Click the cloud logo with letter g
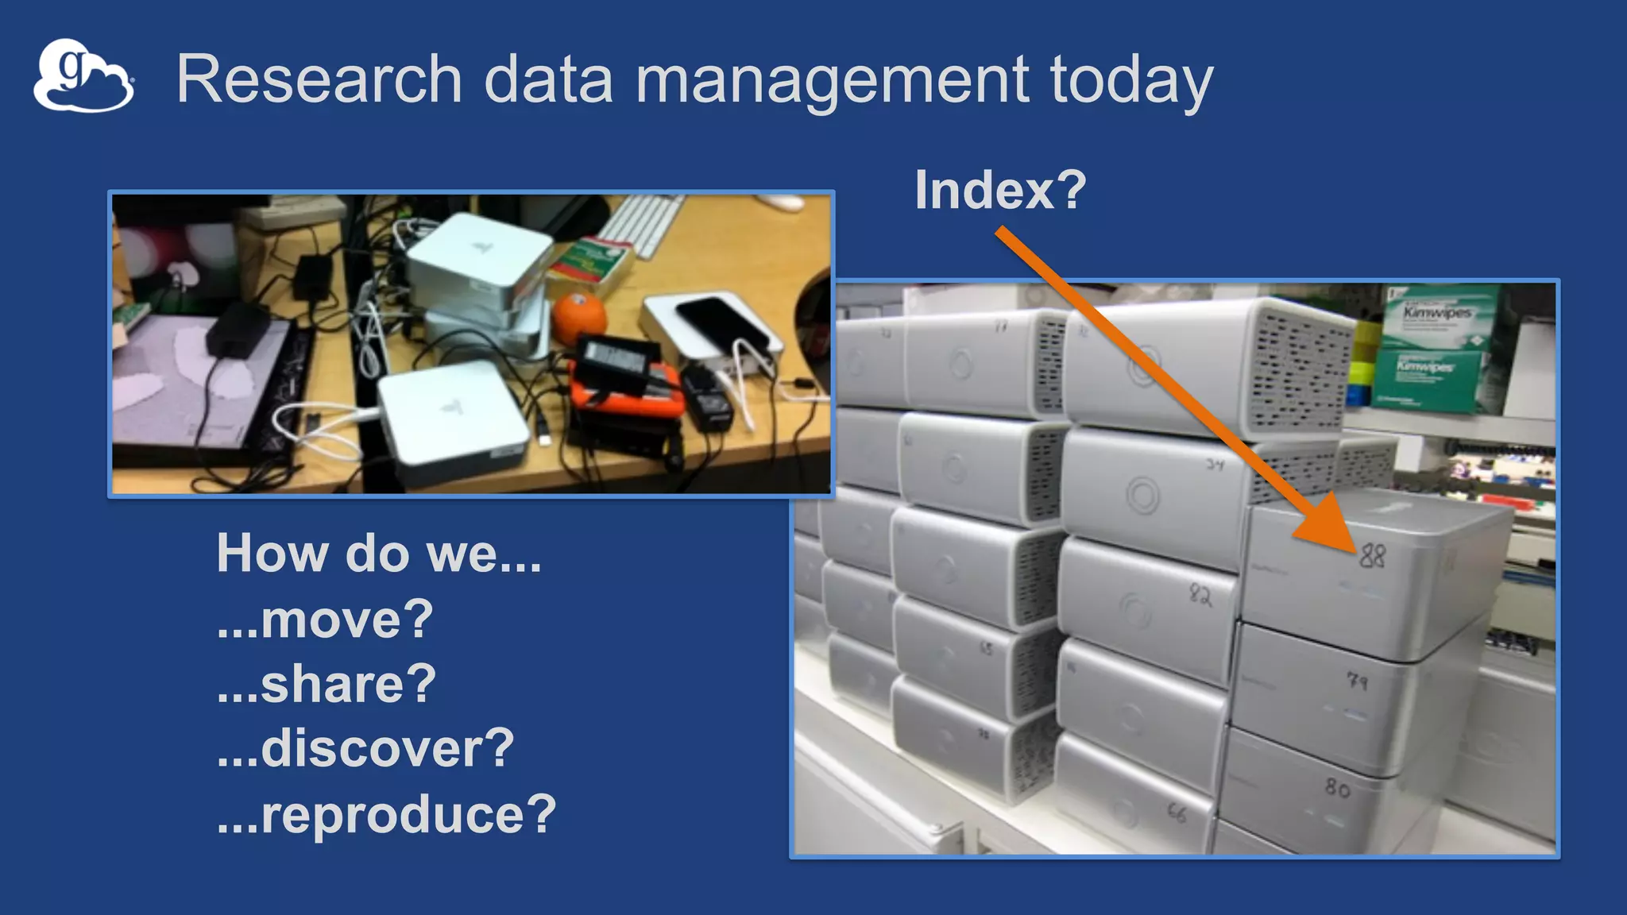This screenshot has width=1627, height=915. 83,76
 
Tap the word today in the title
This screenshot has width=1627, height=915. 1131,80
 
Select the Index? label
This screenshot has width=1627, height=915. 1000,191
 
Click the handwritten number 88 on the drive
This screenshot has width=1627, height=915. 1372,555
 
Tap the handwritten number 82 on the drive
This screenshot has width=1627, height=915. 1200,595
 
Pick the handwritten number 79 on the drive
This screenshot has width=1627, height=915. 1357,681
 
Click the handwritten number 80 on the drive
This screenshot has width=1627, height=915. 1337,788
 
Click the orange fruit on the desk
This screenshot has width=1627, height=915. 579,318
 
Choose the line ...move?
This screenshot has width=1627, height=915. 325,620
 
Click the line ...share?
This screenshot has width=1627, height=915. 327,684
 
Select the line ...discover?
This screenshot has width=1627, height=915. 365,749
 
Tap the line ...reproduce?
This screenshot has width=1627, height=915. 386,814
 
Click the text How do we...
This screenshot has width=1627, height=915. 378,554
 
